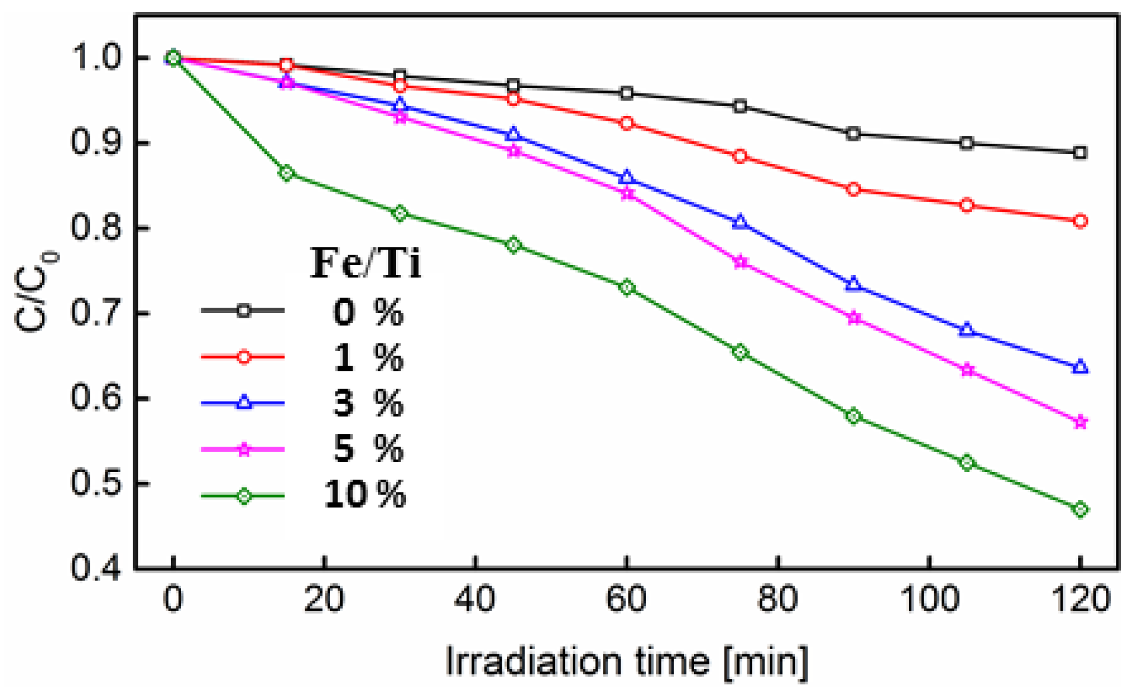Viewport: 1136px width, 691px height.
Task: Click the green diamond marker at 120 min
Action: click(x=1080, y=509)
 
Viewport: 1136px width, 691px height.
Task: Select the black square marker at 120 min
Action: click(x=1080, y=153)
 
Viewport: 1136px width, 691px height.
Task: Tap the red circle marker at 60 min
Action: click(x=627, y=124)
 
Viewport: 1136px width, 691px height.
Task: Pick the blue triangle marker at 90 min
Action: click(x=853, y=284)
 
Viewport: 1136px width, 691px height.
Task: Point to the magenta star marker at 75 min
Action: click(x=740, y=263)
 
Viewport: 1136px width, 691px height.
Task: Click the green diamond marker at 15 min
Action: click(x=286, y=173)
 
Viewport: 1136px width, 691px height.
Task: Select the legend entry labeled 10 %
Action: click(x=364, y=495)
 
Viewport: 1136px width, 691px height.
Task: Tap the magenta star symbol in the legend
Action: click(x=244, y=450)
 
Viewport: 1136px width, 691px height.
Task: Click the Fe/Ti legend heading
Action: click(x=366, y=263)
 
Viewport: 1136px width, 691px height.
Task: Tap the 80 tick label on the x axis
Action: click(x=777, y=599)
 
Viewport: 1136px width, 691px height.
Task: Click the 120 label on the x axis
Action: click(x=1080, y=599)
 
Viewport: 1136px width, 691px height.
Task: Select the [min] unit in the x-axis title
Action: click(x=766, y=661)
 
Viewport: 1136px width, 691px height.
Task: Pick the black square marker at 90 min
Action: click(x=853, y=134)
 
